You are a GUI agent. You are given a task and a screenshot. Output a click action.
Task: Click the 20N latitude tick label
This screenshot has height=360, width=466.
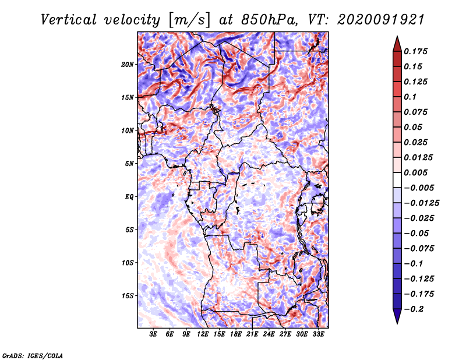pyautogui.click(x=127, y=65)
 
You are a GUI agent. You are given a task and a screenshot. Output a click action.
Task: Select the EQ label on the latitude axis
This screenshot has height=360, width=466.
pyautogui.click(x=129, y=197)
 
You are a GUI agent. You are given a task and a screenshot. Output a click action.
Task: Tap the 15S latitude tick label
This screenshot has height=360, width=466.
pyautogui.click(x=127, y=296)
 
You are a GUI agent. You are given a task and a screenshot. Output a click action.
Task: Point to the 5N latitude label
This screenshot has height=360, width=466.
pyautogui.click(x=129, y=164)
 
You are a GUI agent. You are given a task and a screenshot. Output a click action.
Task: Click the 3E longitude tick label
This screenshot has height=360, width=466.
pyautogui.click(x=153, y=334)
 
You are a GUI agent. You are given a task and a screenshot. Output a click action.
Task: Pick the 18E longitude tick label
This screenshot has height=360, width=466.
pyautogui.click(x=236, y=334)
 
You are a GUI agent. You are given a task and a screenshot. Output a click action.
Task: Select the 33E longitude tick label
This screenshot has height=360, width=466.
pyautogui.click(x=318, y=334)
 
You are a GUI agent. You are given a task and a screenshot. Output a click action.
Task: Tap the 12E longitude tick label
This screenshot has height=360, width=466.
pyautogui.click(x=203, y=334)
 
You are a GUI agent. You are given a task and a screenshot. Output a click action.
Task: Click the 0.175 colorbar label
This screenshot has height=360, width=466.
pyautogui.click(x=415, y=51)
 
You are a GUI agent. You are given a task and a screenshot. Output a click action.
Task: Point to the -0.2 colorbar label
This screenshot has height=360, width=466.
pyautogui.click(x=414, y=309)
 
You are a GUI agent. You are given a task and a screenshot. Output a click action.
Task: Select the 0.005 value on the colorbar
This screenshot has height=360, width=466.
pyautogui.click(x=415, y=172)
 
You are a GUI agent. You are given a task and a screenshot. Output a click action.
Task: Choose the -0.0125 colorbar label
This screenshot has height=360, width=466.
pyautogui.click(x=421, y=203)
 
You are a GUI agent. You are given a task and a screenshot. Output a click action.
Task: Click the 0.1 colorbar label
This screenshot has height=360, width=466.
pyautogui.click(x=410, y=97)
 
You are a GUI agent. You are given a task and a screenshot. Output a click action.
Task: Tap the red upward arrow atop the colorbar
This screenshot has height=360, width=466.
pyautogui.click(x=397, y=44)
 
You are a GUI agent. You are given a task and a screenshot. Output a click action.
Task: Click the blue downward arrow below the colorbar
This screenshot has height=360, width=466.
pyautogui.click(x=397, y=316)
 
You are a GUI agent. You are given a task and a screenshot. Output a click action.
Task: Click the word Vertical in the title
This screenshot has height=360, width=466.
pyautogui.click(x=69, y=20)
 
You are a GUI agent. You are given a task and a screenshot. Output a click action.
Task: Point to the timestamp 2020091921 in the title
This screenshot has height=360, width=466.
pyautogui.click(x=381, y=20)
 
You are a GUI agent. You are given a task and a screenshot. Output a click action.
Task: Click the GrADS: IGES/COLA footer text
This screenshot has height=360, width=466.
pyautogui.click(x=33, y=356)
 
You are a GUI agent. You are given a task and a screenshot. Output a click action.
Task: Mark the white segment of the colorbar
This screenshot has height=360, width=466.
pyautogui.click(x=397, y=180)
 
